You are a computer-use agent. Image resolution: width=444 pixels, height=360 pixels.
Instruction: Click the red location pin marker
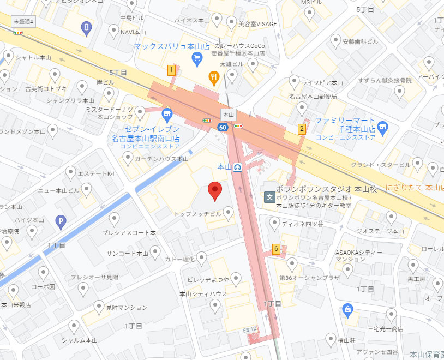tap(215, 190)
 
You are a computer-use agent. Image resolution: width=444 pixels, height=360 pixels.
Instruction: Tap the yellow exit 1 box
tap(171, 70)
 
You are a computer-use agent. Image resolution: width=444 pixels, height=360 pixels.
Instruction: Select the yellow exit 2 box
tap(301, 129)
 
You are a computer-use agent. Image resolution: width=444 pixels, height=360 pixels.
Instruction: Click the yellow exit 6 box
tap(277, 249)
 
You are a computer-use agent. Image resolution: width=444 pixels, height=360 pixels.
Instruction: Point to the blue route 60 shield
tap(223, 128)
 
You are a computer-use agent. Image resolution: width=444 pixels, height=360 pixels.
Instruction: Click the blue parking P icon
tap(62, 221)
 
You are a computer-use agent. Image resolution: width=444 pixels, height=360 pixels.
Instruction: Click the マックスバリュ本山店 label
tap(172, 47)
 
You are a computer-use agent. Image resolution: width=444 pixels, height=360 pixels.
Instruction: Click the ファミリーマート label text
tap(345, 120)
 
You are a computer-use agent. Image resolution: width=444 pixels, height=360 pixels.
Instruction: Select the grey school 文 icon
tap(269, 197)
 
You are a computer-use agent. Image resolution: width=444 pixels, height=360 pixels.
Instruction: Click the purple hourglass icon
tap(86, 26)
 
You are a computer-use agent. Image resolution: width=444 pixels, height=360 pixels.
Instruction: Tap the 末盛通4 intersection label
tap(23, 21)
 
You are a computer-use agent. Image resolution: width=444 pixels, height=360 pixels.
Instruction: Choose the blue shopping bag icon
tap(347, 310)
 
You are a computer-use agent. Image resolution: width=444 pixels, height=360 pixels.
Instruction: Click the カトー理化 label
tap(181, 259)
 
